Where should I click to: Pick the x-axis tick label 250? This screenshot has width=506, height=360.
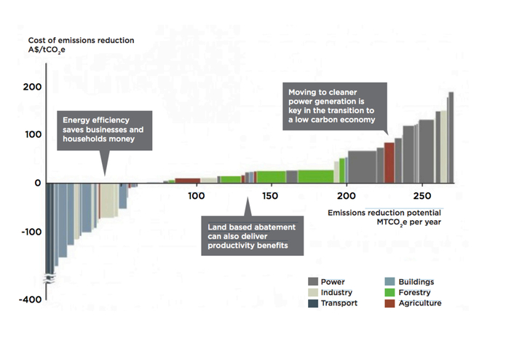pos(422,197)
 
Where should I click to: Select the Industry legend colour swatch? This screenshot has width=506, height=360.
pos(313,293)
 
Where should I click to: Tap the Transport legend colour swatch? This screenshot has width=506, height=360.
pos(313,304)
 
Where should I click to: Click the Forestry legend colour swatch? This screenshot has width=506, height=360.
pos(390,293)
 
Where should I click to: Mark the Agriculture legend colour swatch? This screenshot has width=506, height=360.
pos(390,304)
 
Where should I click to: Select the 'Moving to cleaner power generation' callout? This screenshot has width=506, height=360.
pos(335,106)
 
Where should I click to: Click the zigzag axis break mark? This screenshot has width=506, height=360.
pos(50,278)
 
